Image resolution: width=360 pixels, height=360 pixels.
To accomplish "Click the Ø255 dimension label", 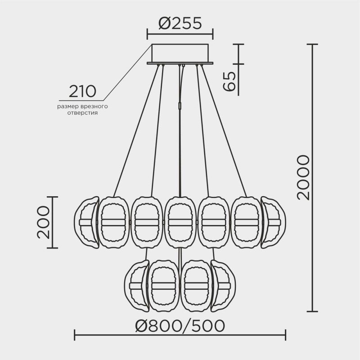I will [x=180, y=23].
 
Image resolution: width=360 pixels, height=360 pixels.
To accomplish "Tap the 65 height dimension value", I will [x=229, y=81].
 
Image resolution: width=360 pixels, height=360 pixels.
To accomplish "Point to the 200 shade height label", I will [x=43, y=222].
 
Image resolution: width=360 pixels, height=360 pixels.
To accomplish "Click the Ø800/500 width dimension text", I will [x=180, y=325].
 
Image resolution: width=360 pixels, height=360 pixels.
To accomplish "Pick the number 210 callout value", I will [x=82, y=91].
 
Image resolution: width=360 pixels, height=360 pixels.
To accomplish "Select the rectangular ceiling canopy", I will [x=180, y=54].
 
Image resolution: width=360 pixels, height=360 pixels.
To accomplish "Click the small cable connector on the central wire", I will [x=180, y=105].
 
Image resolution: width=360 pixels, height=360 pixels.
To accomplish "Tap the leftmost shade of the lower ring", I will [x=135, y=286].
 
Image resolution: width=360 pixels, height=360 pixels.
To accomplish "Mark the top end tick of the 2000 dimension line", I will [x=312, y=44].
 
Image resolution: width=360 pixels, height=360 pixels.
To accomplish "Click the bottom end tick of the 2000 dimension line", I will [x=312, y=311].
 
